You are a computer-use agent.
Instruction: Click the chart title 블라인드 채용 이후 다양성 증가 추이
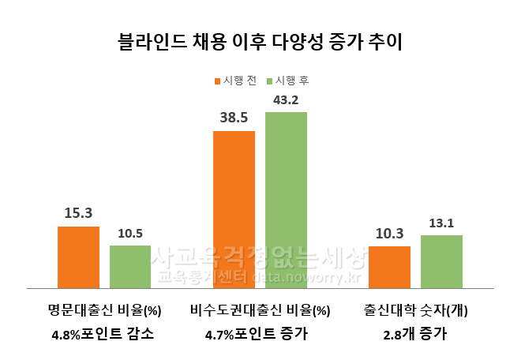253,41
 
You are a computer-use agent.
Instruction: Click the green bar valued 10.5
130,267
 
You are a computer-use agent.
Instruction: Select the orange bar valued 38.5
234,209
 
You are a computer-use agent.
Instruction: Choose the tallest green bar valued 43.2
286,201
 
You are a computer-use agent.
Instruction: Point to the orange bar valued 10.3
389,267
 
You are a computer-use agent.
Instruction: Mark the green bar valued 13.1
441,261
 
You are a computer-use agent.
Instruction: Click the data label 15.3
79,213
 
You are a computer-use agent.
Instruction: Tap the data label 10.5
130,233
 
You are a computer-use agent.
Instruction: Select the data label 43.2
286,99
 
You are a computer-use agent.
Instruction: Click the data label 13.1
441,223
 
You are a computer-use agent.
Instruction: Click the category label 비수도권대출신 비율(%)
260,310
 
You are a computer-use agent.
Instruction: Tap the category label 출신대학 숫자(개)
416,310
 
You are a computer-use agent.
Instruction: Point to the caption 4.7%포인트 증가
257,334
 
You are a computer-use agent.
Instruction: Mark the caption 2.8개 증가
416,334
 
